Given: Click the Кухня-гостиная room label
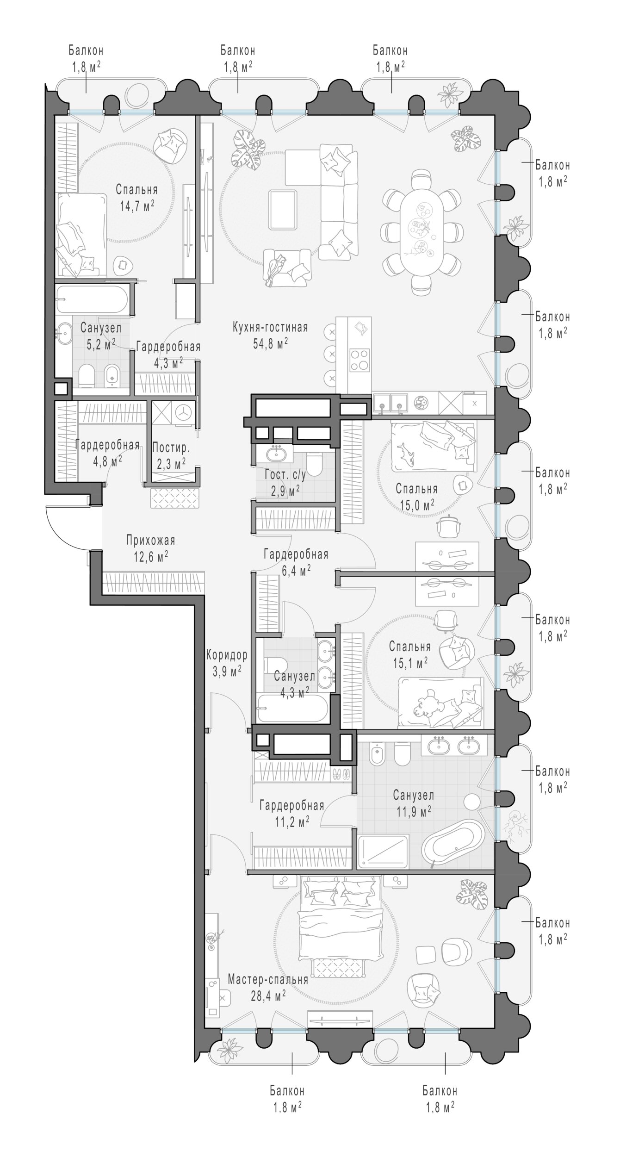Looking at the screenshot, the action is [x=270, y=328].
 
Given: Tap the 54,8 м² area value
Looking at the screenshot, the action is [x=270, y=343].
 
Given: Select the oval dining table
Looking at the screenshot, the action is [x=421, y=227].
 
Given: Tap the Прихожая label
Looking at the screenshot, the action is [x=150, y=541].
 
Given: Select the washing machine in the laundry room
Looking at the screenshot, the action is [x=184, y=412].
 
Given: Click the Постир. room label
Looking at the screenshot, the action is [x=171, y=448].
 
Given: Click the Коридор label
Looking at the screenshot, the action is [x=227, y=656].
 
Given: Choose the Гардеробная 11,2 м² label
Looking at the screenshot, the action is [x=291, y=813].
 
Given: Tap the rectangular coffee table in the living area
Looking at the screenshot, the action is [x=283, y=210].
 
